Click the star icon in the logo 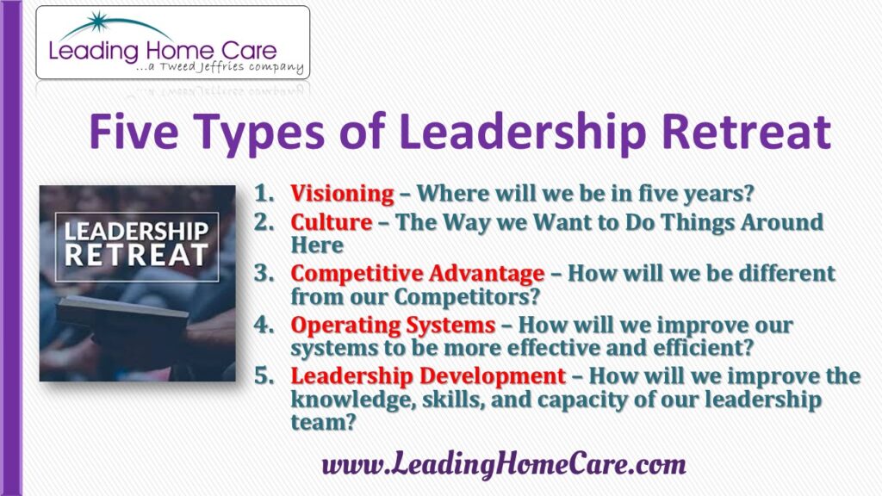[98, 22]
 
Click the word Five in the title [134, 132]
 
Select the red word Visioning [342, 194]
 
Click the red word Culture [332, 222]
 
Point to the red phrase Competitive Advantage [418, 274]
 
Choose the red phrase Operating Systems [393, 325]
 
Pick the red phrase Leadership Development [428, 376]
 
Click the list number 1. [264, 194]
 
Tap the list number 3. [264, 273]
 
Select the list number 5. [264, 375]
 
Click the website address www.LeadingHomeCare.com [504, 465]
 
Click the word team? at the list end [324, 422]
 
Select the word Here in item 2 [317, 245]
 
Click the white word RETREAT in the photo [137, 255]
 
